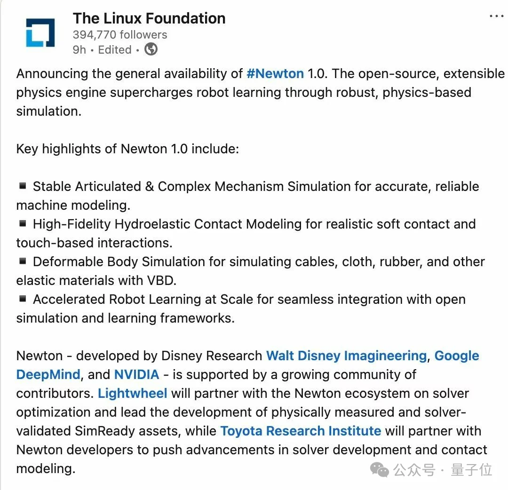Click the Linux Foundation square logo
(x=40, y=32)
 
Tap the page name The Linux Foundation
(x=149, y=18)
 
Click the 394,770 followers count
(x=120, y=35)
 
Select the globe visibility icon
(x=151, y=49)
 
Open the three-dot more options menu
(x=496, y=16)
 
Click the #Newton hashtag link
(x=275, y=74)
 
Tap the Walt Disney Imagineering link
(x=346, y=356)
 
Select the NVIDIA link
(x=136, y=375)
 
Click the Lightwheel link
(x=133, y=394)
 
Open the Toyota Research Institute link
(x=301, y=431)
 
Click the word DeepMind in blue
(x=48, y=375)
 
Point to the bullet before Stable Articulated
(x=22, y=186)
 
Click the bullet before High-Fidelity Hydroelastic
(x=22, y=223)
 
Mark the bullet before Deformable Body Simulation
(x=22, y=261)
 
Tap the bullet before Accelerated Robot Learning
(x=22, y=299)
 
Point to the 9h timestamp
(x=79, y=49)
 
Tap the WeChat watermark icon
(x=380, y=470)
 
